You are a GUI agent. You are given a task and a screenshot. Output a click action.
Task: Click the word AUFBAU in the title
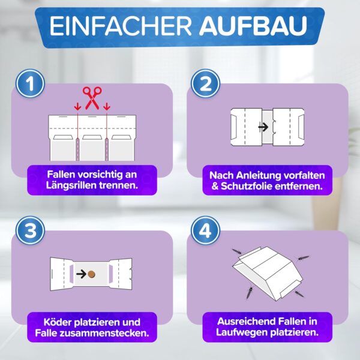pyautogui.click(x=253, y=25)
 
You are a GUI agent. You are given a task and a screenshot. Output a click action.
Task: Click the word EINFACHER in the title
pyautogui.click(x=121, y=25)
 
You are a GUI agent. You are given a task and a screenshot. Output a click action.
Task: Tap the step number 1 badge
pyautogui.click(x=30, y=83)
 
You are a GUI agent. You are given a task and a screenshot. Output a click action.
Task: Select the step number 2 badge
pyautogui.click(x=205, y=83)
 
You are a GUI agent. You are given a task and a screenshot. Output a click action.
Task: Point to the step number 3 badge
pyautogui.click(x=30, y=230)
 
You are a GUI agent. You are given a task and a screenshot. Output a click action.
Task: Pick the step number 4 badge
pyautogui.click(x=205, y=230)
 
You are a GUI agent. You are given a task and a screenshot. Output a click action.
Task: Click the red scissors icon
pyautogui.click(x=92, y=98)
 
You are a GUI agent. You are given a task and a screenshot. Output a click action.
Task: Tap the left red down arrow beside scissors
pyautogui.click(x=78, y=107)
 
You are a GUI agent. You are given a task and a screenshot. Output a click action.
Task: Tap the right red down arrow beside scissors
pyautogui.click(x=107, y=107)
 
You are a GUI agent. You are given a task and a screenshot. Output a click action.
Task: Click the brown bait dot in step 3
pyautogui.click(x=91, y=274)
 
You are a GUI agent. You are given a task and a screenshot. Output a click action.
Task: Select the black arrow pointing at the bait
pyautogui.click(x=81, y=274)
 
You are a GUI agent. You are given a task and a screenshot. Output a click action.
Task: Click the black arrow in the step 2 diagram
pyautogui.click(x=263, y=127)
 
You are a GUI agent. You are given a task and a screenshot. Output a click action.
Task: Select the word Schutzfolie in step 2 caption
pyautogui.click(x=246, y=186)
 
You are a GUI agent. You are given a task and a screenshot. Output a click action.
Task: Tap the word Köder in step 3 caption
pyautogui.click(x=58, y=322)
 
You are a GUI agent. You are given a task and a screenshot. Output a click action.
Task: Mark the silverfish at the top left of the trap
pyautogui.click(x=237, y=251)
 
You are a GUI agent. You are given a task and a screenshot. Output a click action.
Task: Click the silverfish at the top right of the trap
pyautogui.click(x=303, y=258)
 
